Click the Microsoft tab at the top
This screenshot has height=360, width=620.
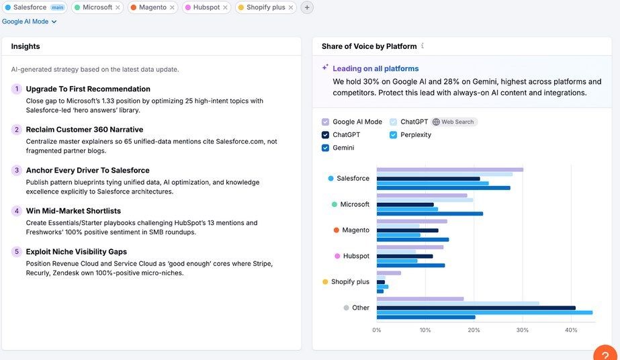(97, 7)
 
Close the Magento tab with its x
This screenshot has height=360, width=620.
(172, 7)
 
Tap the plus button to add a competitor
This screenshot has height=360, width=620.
(307, 7)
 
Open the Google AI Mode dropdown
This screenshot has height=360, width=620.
(30, 21)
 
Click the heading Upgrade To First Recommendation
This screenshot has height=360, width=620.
(88, 89)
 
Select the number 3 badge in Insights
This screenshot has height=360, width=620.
(17, 171)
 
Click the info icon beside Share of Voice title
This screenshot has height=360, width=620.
(423, 46)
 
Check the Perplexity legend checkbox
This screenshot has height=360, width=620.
(394, 135)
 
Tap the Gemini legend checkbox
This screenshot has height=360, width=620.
(326, 148)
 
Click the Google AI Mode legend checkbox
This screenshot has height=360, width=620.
(326, 122)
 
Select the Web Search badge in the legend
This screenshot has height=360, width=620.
(454, 122)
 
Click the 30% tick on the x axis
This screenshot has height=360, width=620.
(523, 330)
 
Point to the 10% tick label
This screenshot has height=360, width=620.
(425, 330)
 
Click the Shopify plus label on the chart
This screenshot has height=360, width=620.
(350, 282)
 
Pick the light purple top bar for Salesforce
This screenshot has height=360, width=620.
(450, 169)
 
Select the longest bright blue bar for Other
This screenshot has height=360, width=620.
(484, 312)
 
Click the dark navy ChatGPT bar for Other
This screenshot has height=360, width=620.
(476, 308)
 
